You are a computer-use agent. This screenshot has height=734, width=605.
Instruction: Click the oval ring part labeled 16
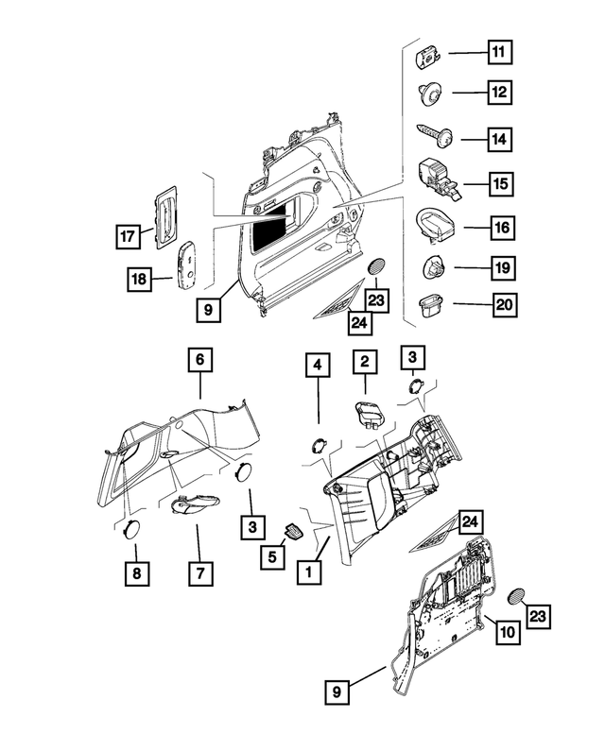pos(433,227)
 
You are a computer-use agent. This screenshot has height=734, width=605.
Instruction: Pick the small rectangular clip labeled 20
pos(429,304)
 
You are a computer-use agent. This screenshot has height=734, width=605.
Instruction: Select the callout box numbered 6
pos(199,360)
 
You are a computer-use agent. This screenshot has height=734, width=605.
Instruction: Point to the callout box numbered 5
pos(271,557)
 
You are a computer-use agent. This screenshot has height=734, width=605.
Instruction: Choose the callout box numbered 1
pos(305,571)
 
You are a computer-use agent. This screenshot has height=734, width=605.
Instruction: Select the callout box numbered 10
pos(507,631)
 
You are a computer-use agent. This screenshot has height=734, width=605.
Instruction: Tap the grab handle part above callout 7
pos(193,504)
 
